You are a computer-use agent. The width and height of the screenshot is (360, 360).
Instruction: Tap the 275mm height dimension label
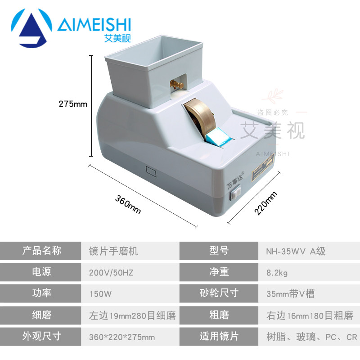72,104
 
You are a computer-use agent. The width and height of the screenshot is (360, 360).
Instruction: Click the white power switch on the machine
233,195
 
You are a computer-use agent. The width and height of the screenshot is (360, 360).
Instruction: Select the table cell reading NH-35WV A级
292,251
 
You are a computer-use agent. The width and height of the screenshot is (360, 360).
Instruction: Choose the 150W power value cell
99,294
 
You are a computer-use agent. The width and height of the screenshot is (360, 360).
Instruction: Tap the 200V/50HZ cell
110,272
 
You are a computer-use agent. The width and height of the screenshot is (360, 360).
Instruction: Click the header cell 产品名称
42,251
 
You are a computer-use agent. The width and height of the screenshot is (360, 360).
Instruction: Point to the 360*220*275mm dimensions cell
122,337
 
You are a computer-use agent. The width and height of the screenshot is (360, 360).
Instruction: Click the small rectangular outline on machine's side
150,171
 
